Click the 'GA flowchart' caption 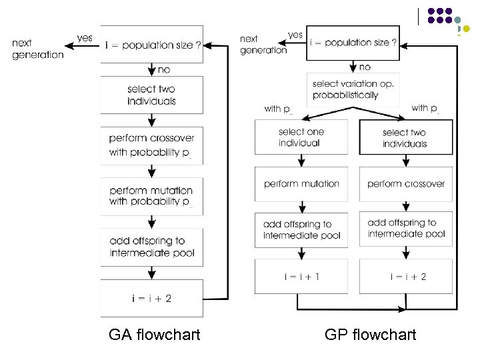[x=154, y=335]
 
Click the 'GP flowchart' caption [x=370, y=335]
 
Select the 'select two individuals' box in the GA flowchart [x=152, y=95]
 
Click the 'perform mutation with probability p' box [x=152, y=196]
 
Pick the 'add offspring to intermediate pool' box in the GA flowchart [x=152, y=247]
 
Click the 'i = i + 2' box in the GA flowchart [x=152, y=298]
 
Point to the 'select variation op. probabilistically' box [x=353, y=89]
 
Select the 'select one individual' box [x=301, y=137]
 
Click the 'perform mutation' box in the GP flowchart [x=301, y=184]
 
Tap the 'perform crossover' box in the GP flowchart [x=405, y=184]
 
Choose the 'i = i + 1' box [x=301, y=276]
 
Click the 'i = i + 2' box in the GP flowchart [x=405, y=276]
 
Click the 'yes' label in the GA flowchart [x=85, y=38]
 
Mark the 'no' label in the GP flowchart [x=365, y=67]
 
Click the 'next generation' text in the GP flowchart [x=263, y=45]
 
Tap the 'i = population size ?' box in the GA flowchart [x=152, y=45]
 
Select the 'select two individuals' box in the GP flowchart [x=405, y=137]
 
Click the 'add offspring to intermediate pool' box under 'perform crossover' [x=405, y=229]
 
